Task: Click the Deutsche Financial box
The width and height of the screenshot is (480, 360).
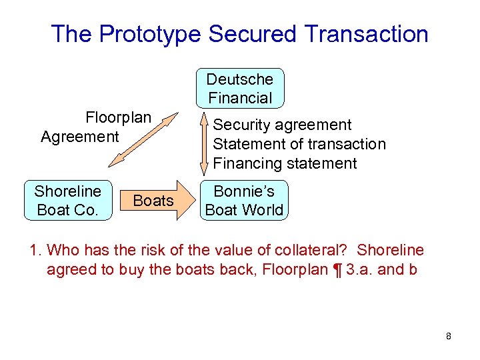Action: (240, 88)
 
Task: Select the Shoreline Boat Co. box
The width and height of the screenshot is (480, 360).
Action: (68, 200)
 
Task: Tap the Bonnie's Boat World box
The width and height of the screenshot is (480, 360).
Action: (244, 200)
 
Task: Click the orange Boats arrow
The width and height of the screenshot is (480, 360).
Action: (155, 200)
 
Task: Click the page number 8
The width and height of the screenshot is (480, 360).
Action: (449, 337)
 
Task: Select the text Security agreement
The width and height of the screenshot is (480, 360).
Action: (281, 125)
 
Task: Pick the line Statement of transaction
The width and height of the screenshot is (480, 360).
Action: (299, 144)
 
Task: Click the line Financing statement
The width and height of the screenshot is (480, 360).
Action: (285, 163)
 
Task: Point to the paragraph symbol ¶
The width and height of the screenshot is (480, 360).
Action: (339, 271)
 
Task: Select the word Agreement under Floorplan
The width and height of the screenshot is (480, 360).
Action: (79, 137)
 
